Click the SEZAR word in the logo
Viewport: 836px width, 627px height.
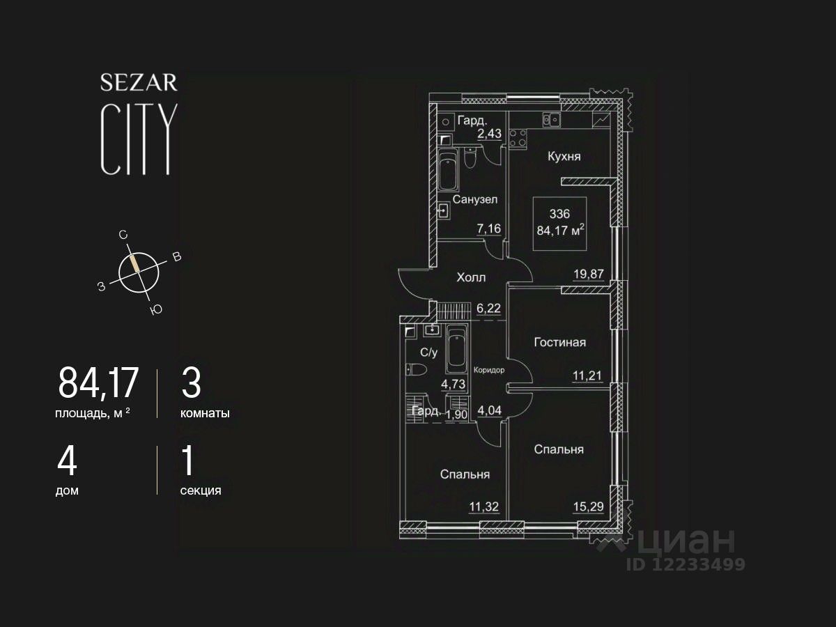coord(139,83)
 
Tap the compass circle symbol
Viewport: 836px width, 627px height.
coord(139,271)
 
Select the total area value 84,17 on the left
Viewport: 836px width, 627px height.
coord(99,383)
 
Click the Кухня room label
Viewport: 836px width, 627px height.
coord(564,157)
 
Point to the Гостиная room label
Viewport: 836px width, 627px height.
coord(559,342)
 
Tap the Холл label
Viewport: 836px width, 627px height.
coord(471,277)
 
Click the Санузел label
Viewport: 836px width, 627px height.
coord(474,200)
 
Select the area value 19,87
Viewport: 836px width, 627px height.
coord(587,274)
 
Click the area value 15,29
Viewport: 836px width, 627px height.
coord(587,506)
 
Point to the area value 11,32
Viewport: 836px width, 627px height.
coord(485,506)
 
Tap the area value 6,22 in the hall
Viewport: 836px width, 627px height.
coord(489,307)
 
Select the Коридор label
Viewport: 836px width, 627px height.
coord(488,370)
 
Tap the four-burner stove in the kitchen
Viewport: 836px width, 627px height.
coord(518,137)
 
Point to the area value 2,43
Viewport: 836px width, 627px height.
coord(489,133)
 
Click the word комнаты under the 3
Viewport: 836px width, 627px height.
coord(205,413)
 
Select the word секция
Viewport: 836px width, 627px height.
coord(201,490)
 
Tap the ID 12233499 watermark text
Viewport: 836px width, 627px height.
coord(686,564)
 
